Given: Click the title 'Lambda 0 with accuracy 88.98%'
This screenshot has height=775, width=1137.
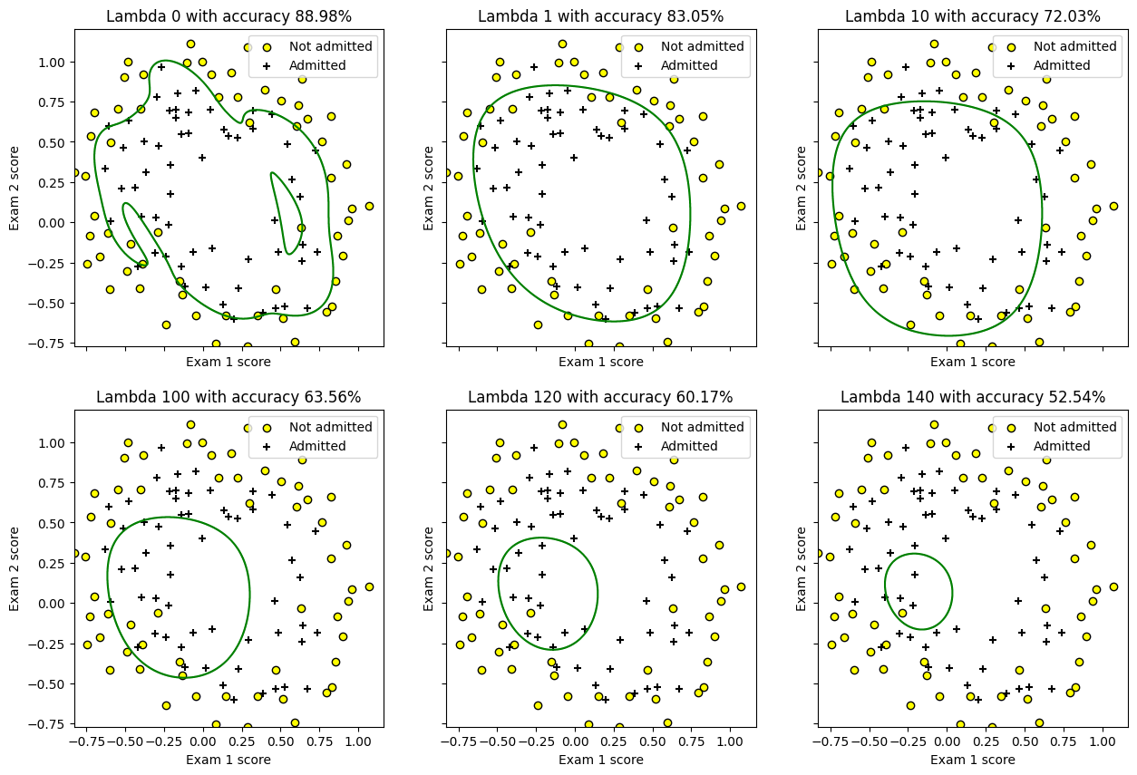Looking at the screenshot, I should (228, 16).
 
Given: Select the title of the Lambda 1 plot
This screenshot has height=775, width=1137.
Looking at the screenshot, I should (600, 16).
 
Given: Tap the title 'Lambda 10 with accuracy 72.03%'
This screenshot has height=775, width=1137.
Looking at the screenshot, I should (972, 16).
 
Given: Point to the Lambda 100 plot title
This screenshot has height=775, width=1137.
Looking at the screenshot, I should (228, 397).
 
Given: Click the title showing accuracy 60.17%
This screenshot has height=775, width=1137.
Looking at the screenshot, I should (600, 397).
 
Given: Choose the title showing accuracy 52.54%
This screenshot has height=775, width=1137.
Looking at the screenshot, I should (972, 397).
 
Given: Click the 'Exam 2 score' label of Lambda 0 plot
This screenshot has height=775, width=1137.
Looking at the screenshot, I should (15, 188).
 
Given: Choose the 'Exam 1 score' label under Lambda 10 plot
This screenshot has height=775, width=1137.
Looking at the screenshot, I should (972, 362).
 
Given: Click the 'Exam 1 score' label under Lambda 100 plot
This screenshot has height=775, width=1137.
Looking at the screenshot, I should (228, 760).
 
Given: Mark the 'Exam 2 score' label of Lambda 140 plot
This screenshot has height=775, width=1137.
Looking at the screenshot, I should (802, 568).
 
